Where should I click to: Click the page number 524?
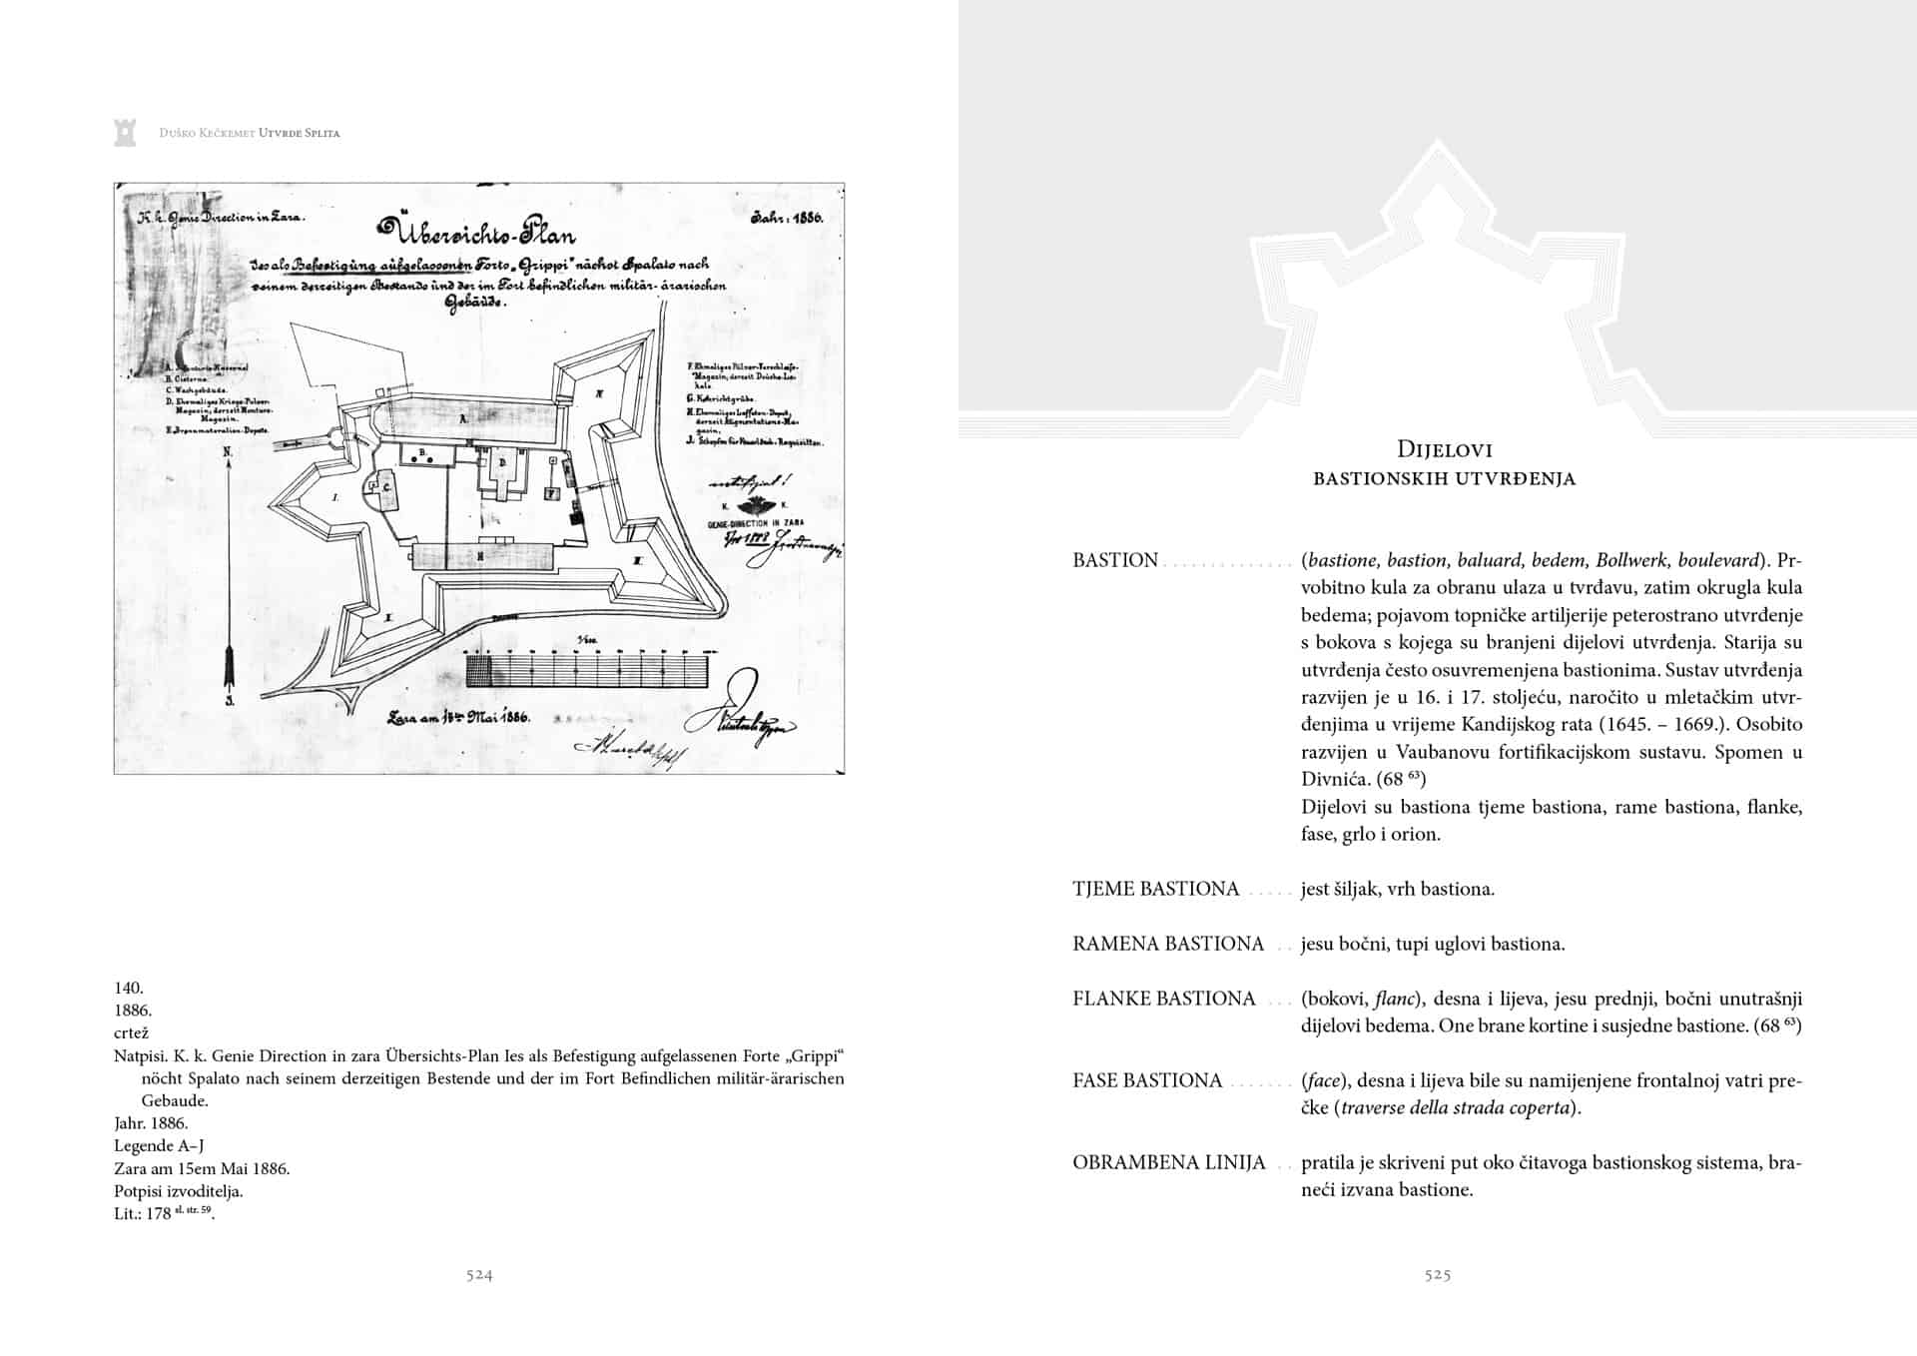pos(479,1275)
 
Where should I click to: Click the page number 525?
pos(1438,1275)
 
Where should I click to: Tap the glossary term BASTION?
pos(1115,560)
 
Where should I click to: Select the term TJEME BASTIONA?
pos(1155,889)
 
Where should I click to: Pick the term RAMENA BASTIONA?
pos(1168,944)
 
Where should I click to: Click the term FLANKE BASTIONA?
pos(1163,999)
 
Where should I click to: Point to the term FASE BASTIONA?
pos(1147,1080)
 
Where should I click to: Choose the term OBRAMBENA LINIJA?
pos(1169,1162)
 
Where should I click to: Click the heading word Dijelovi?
pos(1445,449)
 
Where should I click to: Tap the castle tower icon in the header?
pos(125,131)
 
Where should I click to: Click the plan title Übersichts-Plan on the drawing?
pos(475,233)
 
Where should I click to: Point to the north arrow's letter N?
pos(228,452)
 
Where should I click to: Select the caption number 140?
pos(129,988)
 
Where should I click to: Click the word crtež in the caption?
pos(131,1032)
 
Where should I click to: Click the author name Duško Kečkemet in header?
pos(207,133)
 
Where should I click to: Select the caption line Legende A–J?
pos(159,1145)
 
